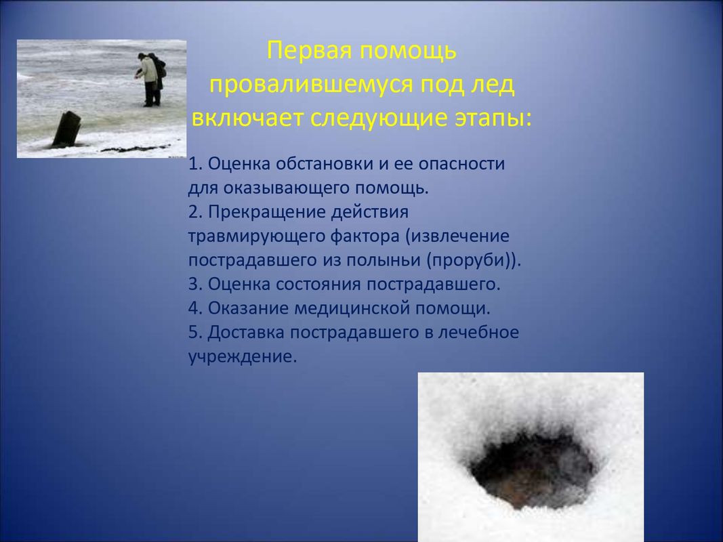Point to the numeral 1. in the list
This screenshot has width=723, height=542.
tap(195, 163)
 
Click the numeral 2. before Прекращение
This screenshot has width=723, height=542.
tap(196, 212)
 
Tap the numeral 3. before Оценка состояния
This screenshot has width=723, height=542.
tap(196, 284)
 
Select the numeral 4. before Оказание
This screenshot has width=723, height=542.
tap(196, 308)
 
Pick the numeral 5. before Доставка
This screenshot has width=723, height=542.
tap(196, 332)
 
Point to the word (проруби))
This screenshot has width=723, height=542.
tap(474, 260)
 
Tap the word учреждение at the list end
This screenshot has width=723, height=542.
tap(243, 357)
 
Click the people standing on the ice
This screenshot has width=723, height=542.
tap(152, 79)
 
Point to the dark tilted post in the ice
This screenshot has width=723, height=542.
tap(67, 129)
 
